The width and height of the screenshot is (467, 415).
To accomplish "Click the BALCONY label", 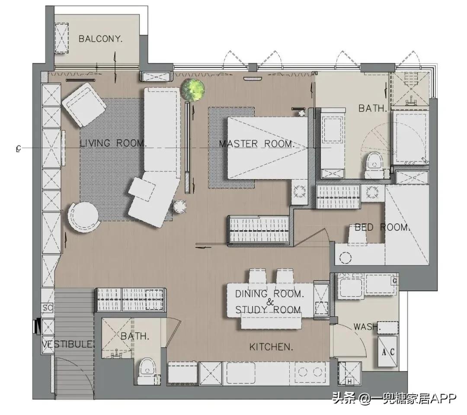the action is coord(101,39).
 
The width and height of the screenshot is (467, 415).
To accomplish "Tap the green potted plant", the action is coord(193,90).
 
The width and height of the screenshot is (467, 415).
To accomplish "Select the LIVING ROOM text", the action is coord(113,143).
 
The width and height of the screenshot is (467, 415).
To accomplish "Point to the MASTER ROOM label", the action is coord(257,144).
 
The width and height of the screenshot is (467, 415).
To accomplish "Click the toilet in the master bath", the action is coord(374,165).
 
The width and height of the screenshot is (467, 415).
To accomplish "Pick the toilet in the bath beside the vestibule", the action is coord(147,371).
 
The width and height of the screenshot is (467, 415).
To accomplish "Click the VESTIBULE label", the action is coord(68,344).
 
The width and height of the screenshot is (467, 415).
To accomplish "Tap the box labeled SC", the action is coord(48,308).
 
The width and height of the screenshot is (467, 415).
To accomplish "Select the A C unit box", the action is coord(388,351).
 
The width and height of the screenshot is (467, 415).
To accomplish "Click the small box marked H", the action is coord(349,381).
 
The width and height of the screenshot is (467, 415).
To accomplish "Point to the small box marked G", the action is coord(395,281).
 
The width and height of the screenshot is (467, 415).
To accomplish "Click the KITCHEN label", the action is coord(271,347).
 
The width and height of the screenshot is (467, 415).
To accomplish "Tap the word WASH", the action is coord(367,327).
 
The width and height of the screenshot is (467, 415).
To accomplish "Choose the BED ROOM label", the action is coord(382,228).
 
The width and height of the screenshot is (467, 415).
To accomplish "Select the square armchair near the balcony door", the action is coord(84,104).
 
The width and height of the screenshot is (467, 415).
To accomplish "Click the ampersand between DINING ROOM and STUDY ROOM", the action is coord(270,302).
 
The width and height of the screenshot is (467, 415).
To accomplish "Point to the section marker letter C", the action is coord(19,148).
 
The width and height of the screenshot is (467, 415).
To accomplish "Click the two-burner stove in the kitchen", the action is coord(312,372).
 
